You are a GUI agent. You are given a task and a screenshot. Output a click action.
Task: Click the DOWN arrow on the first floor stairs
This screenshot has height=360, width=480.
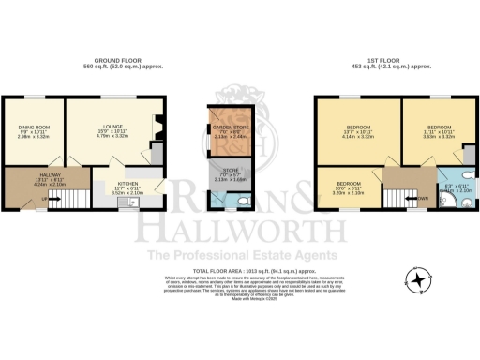pyautogui.click(x=423, y=199)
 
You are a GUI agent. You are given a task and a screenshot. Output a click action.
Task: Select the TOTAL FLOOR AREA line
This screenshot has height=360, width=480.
pyautogui.click(x=239, y=270)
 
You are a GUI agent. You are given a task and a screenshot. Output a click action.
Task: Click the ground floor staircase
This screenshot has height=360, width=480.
pyautogui.click(x=82, y=197)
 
